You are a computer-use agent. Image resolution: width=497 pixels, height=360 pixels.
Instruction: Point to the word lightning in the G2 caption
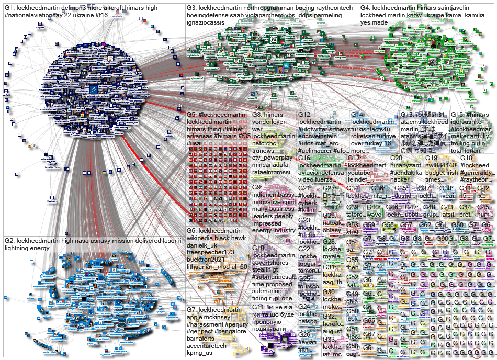tap(19, 248)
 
